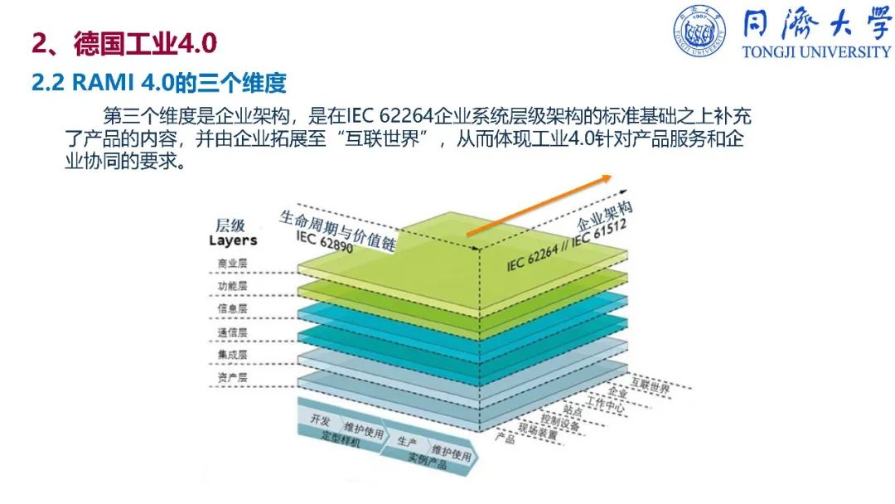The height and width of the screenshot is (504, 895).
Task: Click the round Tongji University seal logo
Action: [x=699, y=32]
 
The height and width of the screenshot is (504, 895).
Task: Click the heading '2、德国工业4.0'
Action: [x=124, y=43]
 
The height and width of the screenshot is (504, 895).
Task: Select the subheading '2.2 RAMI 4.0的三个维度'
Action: [x=158, y=84]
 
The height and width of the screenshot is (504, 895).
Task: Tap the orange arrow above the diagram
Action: [x=539, y=206]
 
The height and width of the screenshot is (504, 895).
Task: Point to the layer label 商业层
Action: [x=232, y=264]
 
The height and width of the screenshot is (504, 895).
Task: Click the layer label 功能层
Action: [x=232, y=286]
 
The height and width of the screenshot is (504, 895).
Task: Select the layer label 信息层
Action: [x=232, y=309]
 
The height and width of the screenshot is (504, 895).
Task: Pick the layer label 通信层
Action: [x=232, y=332]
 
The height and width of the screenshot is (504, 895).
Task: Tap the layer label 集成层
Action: [x=232, y=355]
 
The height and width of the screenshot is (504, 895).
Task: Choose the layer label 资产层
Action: [x=232, y=377]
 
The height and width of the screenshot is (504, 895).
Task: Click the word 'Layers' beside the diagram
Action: [x=233, y=241]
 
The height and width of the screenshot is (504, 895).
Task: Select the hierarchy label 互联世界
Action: [x=651, y=386]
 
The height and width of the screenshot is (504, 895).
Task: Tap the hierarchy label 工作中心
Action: [x=605, y=405]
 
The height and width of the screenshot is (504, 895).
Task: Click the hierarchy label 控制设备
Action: [x=560, y=423]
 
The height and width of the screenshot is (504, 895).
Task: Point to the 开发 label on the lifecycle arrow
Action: [x=320, y=420]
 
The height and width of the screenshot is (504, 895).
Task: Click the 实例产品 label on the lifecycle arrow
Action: [x=428, y=460]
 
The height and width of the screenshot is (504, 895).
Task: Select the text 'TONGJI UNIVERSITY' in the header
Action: [x=816, y=52]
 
